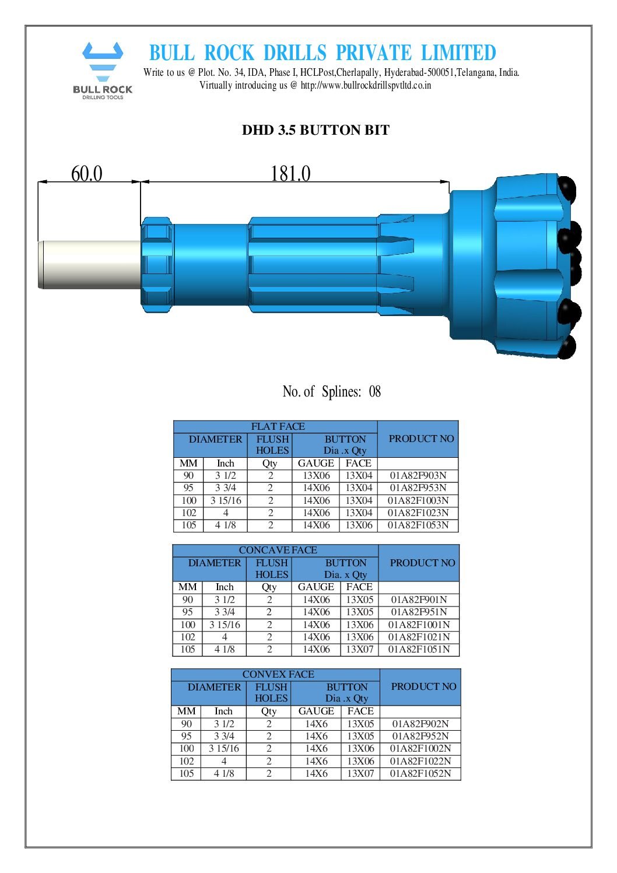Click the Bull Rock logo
(x=103, y=70)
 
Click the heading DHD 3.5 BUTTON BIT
(x=315, y=130)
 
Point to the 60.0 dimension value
(x=86, y=174)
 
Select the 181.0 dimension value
(x=290, y=174)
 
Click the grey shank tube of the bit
(x=90, y=265)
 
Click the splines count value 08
(x=374, y=391)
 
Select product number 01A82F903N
(x=418, y=475)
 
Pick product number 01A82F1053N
(x=418, y=525)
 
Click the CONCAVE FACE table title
(x=278, y=550)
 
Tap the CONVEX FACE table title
(x=278, y=674)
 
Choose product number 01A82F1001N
(x=419, y=625)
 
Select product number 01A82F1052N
(x=420, y=773)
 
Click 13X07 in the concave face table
(x=359, y=649)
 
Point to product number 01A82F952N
(x=420, y=736)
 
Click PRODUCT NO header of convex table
(x=423, y=686)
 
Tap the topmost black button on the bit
(x=566, y=188)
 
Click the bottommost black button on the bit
(x=566, y=347)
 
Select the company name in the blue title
(x=322, y=53)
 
